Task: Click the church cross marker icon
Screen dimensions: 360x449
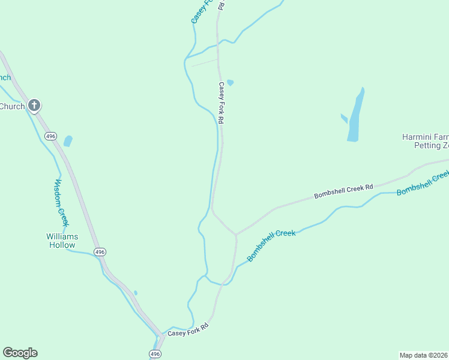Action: [34, 106]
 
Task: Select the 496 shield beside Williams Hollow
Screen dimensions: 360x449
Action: [99, 251]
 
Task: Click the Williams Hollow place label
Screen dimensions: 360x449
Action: [61, 241]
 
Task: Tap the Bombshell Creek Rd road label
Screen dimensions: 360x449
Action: [343, 191]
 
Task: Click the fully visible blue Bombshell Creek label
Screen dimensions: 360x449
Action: [271, 245]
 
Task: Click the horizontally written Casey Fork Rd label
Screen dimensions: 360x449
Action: [188, 329]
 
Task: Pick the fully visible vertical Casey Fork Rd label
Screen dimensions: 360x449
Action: [221, 103]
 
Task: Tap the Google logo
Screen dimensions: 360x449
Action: [20, 353]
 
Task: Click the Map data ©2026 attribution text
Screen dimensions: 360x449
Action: [423, 355]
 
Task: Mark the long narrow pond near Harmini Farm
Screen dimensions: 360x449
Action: [355, 117]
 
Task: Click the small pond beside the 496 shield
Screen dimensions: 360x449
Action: [68, 141]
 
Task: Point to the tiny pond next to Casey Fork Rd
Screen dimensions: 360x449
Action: [230, 83]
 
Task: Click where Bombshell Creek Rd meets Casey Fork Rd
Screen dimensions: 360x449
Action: [235, 234]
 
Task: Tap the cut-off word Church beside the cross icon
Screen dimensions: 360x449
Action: [12, 107]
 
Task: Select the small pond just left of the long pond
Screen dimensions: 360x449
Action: [344, 118]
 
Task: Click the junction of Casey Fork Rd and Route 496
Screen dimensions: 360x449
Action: [161, 335]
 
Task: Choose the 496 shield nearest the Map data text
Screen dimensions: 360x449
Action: [155, 354]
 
